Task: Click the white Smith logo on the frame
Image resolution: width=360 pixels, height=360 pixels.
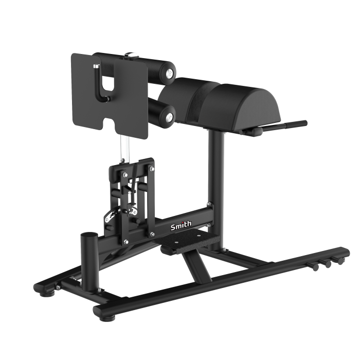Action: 181,225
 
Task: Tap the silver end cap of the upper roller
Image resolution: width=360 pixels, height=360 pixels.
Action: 169,74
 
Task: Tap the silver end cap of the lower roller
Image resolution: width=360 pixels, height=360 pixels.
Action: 169,118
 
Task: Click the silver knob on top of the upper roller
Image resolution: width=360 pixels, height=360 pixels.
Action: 131,55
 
